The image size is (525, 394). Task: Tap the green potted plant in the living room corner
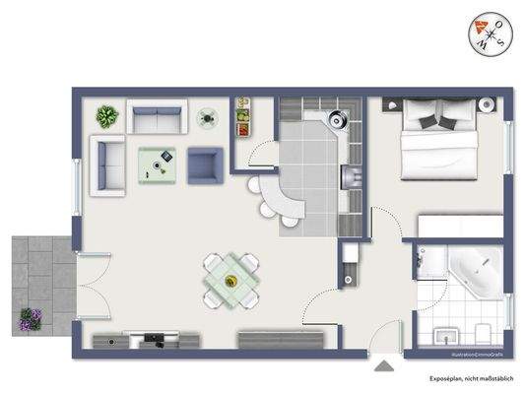(106, 117)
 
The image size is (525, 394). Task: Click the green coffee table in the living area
(157, 165)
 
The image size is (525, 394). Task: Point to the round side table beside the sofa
(207, 118)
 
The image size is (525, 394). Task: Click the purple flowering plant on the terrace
(31, 318)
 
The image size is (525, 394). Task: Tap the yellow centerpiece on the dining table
(231, 281)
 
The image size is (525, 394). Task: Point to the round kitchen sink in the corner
(337, 117)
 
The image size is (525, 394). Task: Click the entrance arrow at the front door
(382, 367)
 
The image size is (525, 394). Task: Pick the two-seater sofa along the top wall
(156, 119)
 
